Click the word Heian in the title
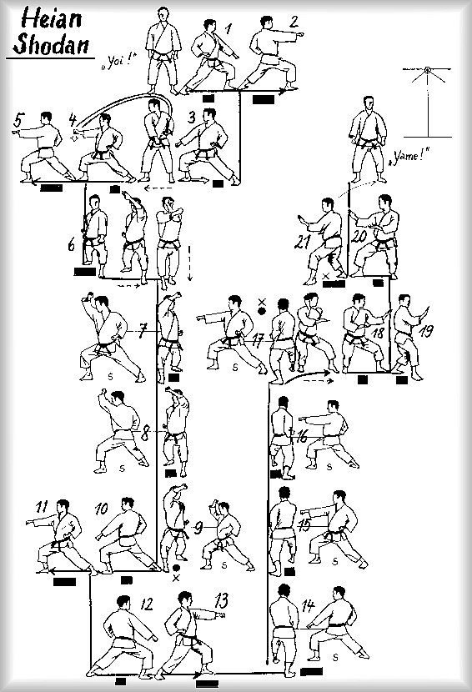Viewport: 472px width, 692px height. point(52,19)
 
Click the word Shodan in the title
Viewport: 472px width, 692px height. point(51,43)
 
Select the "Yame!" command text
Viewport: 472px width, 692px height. point(409,156)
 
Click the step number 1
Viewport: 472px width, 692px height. point(228,28)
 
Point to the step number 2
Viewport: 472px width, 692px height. point(293,21)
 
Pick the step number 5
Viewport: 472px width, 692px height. point(18,121)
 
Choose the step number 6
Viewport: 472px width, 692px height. point(72,244)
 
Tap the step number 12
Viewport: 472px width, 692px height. point(147,604)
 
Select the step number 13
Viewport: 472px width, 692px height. point(221,600)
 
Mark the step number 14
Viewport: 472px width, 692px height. point(309,605)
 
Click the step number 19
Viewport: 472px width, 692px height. point(426,330)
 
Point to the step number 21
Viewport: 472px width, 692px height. point(302,242)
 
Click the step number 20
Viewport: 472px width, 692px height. point(359,236)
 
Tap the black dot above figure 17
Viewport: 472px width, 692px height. point(262,311)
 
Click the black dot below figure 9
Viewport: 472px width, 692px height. point(176,568)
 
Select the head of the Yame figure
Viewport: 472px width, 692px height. point(368,104)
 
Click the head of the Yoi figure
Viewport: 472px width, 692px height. point(163,14)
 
